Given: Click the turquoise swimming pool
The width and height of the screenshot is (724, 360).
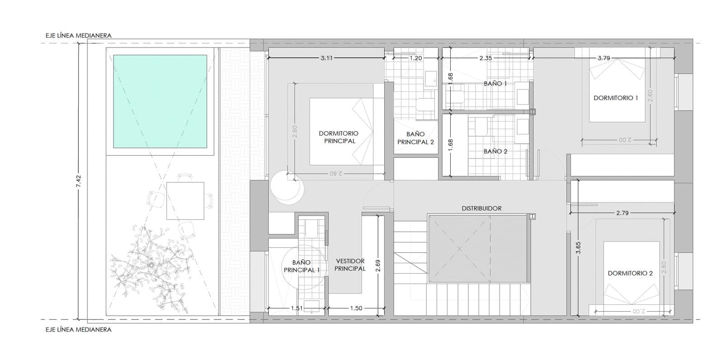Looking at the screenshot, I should pos(160,101).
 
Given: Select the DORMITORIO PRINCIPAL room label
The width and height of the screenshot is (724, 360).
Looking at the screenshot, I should pos(338,137).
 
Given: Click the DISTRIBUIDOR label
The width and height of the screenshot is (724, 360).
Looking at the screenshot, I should pos(481,208).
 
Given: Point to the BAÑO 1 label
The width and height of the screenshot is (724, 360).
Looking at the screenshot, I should pos(495,84).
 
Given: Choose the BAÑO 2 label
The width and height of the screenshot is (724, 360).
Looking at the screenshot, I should pos(495,152).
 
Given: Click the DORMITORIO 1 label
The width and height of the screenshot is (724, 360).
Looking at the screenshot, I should pos(615,98).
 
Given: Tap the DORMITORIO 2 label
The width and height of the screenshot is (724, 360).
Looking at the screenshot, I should pos(630,273).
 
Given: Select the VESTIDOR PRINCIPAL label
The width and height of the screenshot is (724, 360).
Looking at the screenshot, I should pos(350,265).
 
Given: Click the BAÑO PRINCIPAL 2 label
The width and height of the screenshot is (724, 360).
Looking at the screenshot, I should pos(415,138).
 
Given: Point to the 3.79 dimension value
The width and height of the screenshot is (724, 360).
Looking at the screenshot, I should pos(604,58).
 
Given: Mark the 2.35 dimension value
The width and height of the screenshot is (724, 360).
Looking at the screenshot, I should pos(486,58).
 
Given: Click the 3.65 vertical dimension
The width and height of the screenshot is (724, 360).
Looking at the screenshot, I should pos(578,248).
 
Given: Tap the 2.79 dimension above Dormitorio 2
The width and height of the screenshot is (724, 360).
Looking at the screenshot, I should pos(622,213).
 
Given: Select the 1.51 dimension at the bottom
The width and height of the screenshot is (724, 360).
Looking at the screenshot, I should pos(297,308).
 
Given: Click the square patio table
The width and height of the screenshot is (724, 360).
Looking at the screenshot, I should pos(185,201).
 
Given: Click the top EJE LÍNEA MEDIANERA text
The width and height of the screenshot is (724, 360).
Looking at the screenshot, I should pos(78,35).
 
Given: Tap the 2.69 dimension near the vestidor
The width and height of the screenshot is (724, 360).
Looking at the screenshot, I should pos(378,265).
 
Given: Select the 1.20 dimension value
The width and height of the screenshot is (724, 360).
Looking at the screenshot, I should pos(415,58).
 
